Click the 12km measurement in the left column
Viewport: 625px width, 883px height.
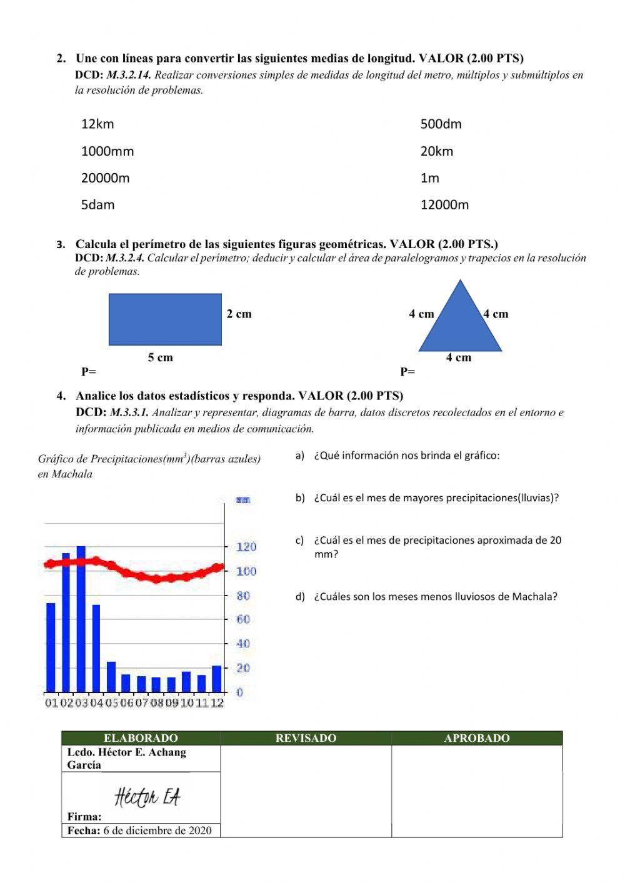click(97, 124)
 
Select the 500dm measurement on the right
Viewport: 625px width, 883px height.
click(441, 124)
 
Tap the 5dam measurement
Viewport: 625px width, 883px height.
click(97, 205)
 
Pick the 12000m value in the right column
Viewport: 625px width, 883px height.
click(444, 205)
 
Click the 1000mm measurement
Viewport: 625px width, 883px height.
click(107, 151)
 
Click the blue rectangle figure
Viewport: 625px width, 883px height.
click(165, 319)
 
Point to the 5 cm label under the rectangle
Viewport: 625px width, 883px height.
click(160, 357)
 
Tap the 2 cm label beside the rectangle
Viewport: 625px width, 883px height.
click(239, 314)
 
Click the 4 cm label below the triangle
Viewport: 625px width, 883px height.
click(458, 357)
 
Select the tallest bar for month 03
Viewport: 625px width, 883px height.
click(81, 619)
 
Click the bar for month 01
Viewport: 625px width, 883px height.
click(51, 647)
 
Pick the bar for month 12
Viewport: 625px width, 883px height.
click(217, 679)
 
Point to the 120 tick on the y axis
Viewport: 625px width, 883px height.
click(246, 547)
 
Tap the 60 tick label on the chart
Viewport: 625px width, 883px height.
click(243, 619)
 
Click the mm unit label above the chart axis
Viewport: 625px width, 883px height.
click(243, 500)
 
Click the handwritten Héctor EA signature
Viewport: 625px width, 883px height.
click(147, 797)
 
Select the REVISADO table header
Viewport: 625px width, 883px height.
click(306, 738)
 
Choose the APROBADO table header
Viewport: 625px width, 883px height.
click(477, 738)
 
